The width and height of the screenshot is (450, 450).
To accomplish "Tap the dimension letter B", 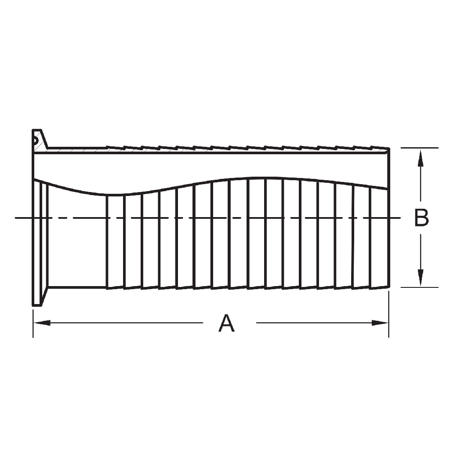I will (421, 218).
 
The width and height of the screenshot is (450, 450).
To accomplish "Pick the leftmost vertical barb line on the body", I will (107, 241).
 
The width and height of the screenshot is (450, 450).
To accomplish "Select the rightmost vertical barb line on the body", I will (370, 237).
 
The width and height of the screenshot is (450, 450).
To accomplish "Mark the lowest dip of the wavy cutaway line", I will (108, 194).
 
